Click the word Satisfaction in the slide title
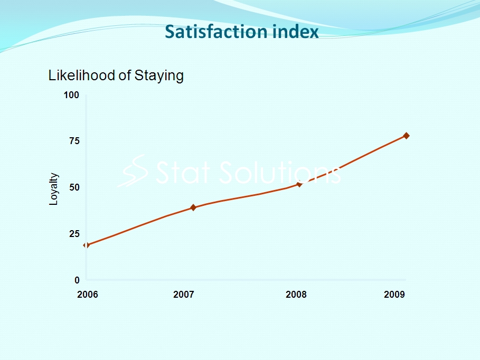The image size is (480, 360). point(216,32)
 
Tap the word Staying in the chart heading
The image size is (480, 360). point(159,76)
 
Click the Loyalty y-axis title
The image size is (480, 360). point(53,189)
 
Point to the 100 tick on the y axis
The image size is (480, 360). point(71,95)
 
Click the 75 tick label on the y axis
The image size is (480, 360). point(74,141)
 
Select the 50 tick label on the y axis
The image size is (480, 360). point(74,187)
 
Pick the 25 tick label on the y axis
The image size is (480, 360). point(74,234)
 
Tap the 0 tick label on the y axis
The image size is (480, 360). point(77,280)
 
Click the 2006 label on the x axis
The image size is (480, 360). point(88,295)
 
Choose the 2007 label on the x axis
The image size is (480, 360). point(184,295)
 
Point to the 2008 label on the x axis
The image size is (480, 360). point(296,295)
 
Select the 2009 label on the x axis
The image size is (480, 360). point(394,295)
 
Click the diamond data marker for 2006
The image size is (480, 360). point(86,245)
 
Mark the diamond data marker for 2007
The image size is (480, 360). point(193,207)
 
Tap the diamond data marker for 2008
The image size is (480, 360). point(299,184)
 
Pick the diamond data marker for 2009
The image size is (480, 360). point(406,136)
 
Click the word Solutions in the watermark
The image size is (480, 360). point(280,173)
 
